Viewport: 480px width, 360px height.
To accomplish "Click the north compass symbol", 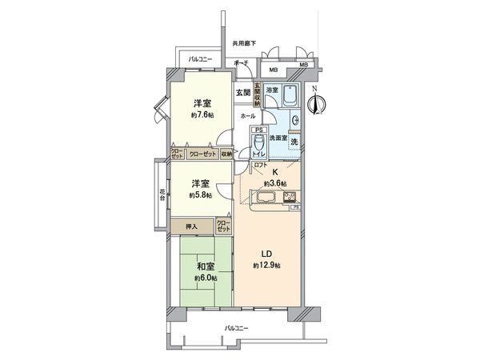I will coord(318,101).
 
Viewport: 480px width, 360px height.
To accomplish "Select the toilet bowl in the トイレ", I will coord(258,142).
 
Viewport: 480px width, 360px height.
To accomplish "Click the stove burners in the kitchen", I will coord(289,197).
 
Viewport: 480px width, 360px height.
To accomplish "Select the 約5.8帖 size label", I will coord(200,195).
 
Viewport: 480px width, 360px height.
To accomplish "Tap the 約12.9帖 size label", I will coord(266,265).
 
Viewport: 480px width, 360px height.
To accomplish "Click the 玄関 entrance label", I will coord(242,93).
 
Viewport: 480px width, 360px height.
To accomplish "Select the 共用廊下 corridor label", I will coord(244,42).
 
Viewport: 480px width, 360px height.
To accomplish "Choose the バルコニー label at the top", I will coord(201,59).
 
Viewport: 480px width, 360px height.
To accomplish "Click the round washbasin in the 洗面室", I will coord(294,122).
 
